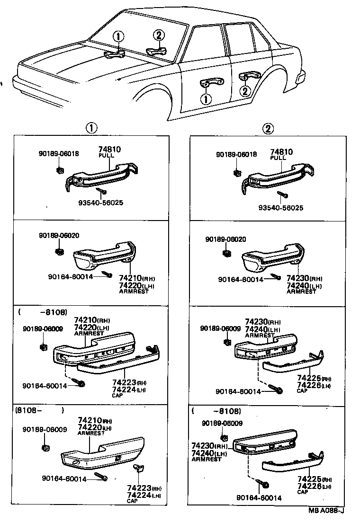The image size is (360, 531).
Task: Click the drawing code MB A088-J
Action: click(x=326, y=510)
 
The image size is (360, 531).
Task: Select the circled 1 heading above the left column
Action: click(x=91, y=128)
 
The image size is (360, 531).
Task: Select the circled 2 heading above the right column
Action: click(x=269, y=128)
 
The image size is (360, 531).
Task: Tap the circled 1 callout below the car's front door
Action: click(x=206, y=98)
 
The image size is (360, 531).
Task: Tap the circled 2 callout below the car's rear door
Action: click(x=244, y=91)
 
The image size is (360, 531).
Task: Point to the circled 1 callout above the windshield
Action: click(x=118, y=36)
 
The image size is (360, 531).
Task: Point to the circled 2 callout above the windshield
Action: click(x=159, y=34)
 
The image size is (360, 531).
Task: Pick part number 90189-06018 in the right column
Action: click(x=236, y=155)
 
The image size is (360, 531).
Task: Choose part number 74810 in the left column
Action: click(x=109, y=149)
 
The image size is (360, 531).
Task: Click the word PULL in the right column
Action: click(x=278, y=158)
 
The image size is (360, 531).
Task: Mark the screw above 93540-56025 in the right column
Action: click(x=281, y=194)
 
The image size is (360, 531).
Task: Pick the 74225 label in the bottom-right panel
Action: click(x=307, y=480)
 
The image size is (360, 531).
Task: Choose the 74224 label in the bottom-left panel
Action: click(x=139, y=495)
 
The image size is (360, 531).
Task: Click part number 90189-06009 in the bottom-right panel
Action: click(x=222, y=423)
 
